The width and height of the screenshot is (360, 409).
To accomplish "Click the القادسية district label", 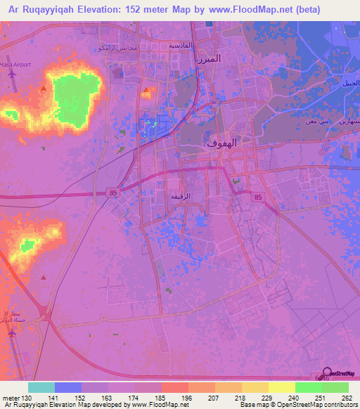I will (x=179, y=44).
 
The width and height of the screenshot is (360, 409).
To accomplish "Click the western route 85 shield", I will (x=112, y=191).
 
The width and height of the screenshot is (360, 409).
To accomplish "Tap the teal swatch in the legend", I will (x=41, y=387).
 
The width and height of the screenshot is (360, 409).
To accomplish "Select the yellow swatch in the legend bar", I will (x=282, y=387).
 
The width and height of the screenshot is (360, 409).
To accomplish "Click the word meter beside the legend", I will (x=9, y=397).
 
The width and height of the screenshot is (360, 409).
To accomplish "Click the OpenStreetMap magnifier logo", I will (x=327, y=374).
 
